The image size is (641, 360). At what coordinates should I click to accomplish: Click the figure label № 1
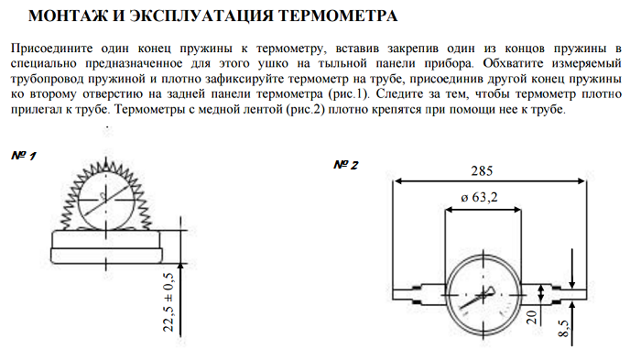tap(24, 156)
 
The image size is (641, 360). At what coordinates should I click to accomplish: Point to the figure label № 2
tap(345, 165)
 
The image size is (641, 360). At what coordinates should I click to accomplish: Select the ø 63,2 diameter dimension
tap(484, 198)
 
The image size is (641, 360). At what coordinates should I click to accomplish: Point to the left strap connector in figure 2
tap(424, 292)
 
